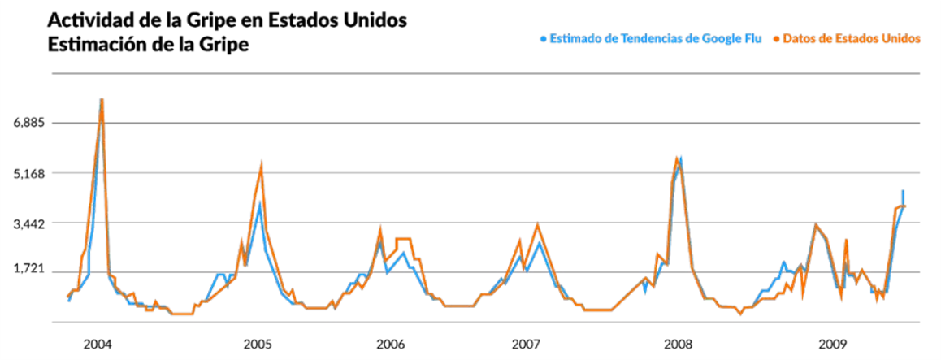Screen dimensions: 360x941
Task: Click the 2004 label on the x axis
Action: (x=98, y=343)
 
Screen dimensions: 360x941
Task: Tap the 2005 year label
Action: (x=258, y=343)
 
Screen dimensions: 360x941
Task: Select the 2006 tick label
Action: (x=391, y=343)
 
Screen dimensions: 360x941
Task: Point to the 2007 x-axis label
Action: (x=526, y=343)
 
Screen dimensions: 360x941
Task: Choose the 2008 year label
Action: (x=678, y=343)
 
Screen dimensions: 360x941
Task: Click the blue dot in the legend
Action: (x=543, y=38)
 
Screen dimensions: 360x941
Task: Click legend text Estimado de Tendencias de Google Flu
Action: (x=656, y=38)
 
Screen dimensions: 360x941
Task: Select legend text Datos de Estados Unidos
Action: (x=851, y=38)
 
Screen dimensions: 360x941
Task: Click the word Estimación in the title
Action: (x=98, y=44)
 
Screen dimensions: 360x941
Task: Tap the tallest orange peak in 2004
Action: (x=102, y=100)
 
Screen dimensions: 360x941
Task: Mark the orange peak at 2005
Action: (x=261, y=166)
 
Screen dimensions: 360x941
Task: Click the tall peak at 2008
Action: (x=677, y=159)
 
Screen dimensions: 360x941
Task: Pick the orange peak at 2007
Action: (x=537, y=225)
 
